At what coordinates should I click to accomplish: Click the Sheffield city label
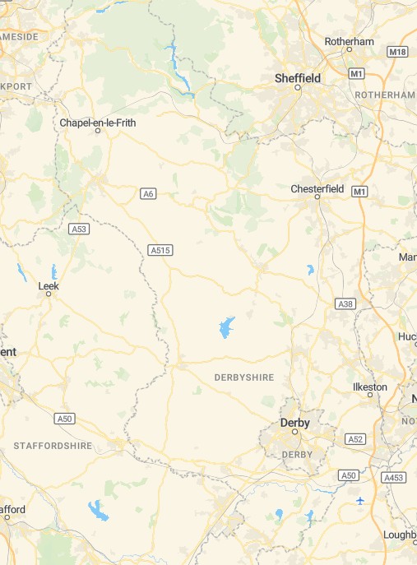click(297, 78)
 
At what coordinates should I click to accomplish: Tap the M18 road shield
click(397, 52)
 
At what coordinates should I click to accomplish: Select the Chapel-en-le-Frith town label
click(99, 123)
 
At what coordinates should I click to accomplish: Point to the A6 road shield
click(149, 194)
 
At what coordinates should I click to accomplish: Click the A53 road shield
click(79, 229)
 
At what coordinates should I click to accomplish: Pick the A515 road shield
click(160, 249)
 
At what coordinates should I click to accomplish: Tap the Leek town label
click(49, 286)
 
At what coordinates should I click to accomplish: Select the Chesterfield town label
click(317, 189)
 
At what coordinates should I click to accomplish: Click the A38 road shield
click(345, 304)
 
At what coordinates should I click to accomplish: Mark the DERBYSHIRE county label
click(243, 377)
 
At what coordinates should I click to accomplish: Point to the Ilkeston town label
click(369, 387)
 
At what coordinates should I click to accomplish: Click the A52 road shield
click(355, 439)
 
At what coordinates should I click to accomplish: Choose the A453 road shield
click(394, 477)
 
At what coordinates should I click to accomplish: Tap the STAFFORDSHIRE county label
click(52, 445)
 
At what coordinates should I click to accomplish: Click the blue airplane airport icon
click(360, 500)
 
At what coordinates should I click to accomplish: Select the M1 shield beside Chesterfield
click(359, 192)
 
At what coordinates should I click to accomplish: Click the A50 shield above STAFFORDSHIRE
click(65, 419)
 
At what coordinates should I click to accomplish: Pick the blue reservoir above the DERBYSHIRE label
click(225, 328)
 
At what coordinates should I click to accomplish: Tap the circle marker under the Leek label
click(49, 294)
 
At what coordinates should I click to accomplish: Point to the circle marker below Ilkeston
click(369, 395)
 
